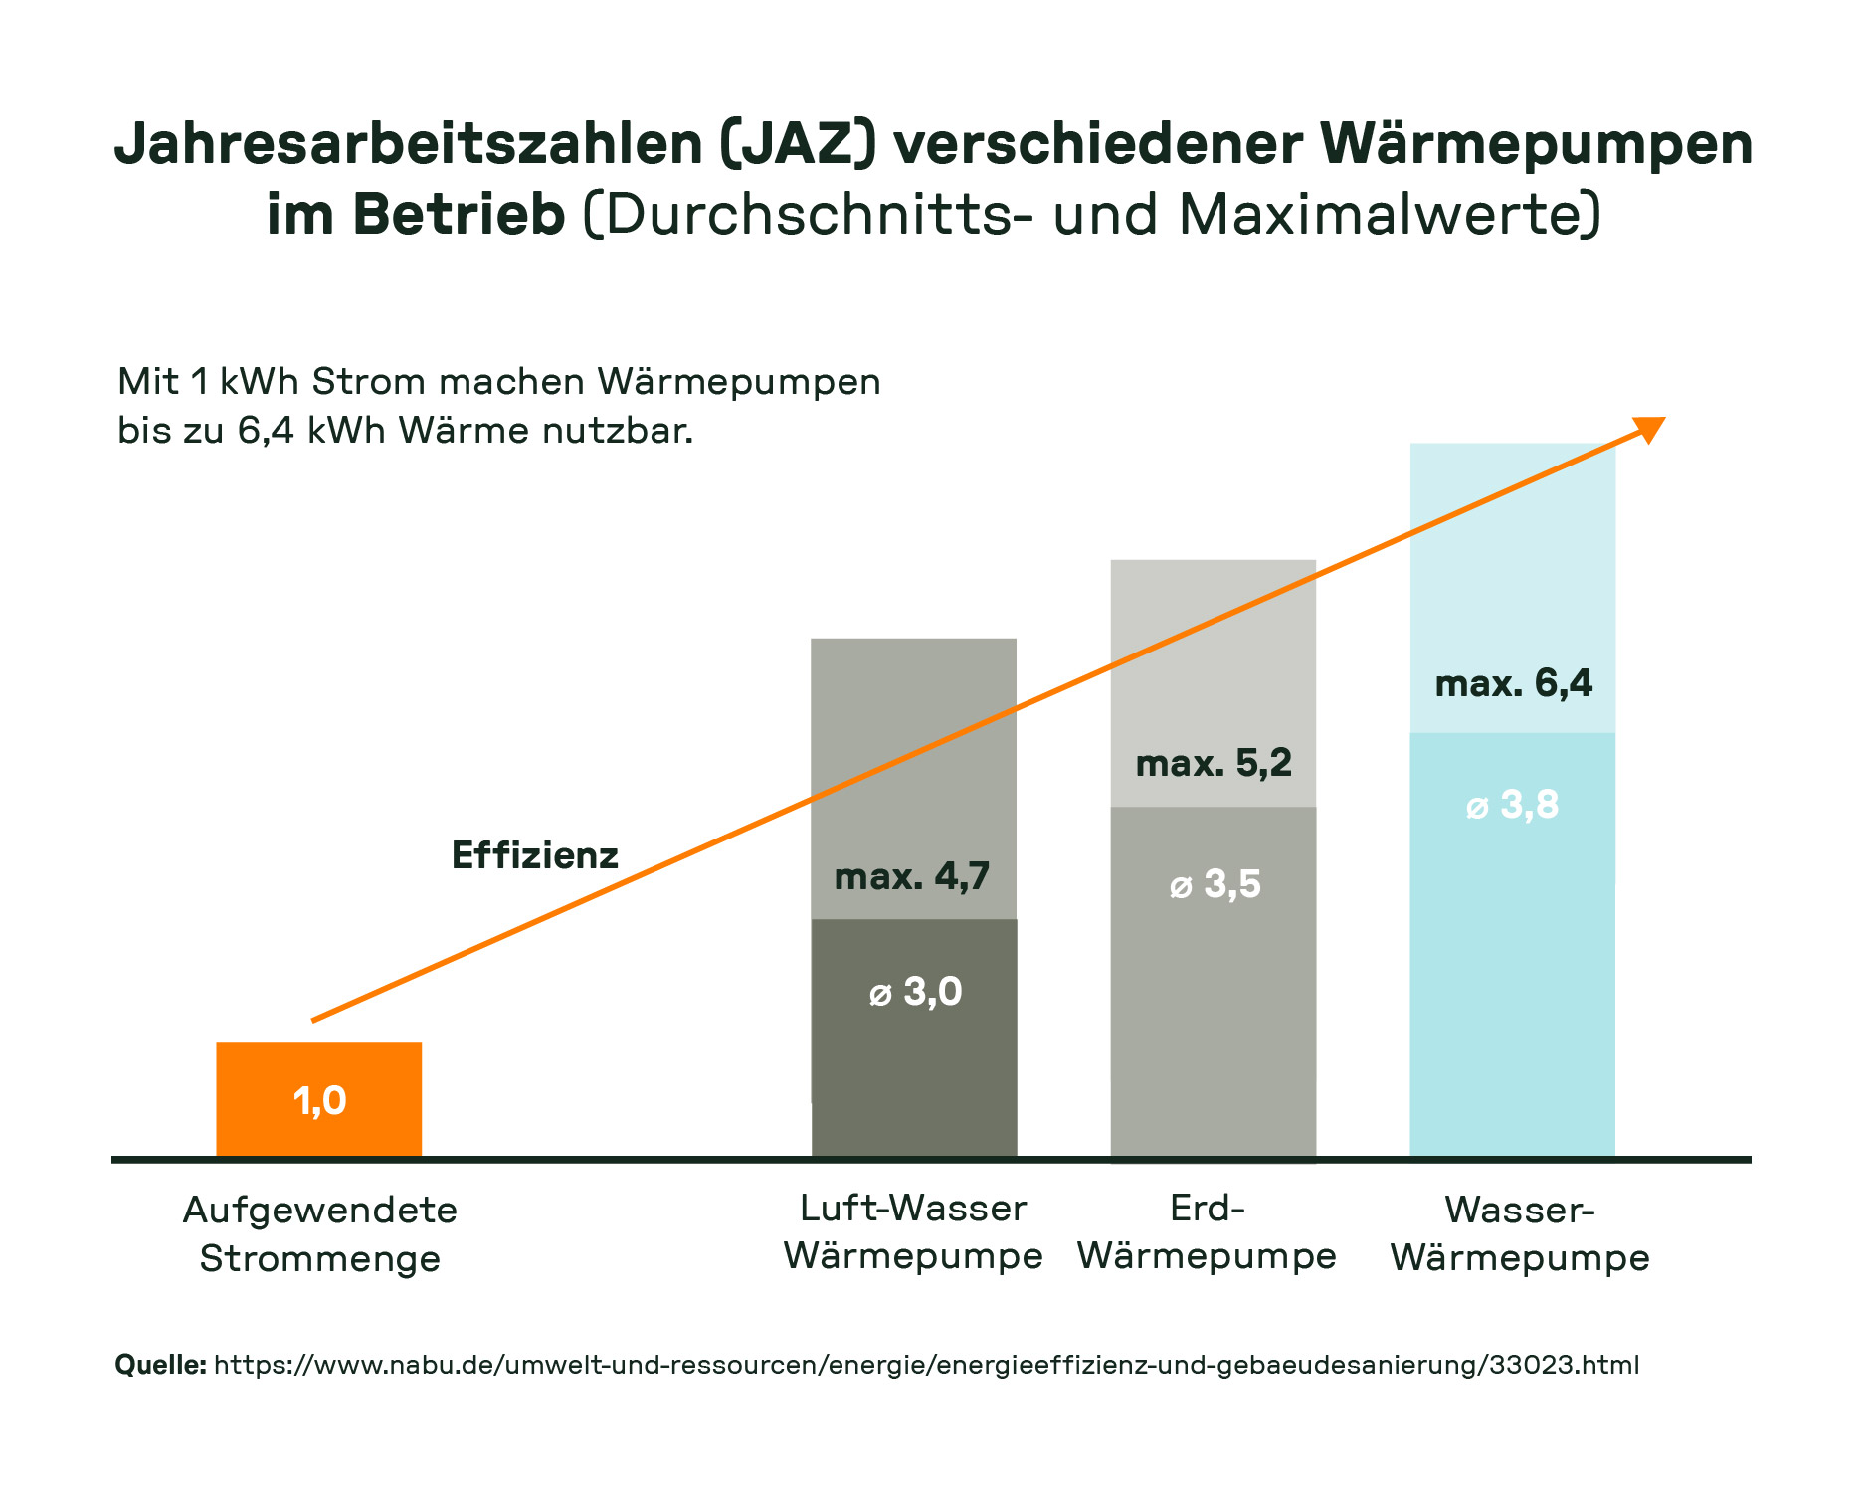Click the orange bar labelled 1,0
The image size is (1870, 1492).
coord(318,1099)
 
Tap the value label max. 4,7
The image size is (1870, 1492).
coord(911,876)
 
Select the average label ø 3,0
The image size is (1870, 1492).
coord(915,992)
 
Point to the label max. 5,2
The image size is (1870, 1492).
coord(1213,763)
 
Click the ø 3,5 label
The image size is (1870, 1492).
coord(1215,884)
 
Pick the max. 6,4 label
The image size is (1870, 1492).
coord(1513,683)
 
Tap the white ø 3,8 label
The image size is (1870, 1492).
coord(1513,805)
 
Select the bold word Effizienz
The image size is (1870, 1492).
coord(534,855)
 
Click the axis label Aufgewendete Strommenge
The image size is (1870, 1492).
coord(319,1233)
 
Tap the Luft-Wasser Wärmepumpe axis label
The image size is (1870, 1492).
coord(913,1231)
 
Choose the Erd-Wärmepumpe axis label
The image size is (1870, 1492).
coord(1207,1231)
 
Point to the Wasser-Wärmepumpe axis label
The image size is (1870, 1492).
coord(1519,1233)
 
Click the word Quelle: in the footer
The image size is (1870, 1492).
coord(160,1364)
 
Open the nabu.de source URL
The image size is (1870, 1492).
coord(925,1364)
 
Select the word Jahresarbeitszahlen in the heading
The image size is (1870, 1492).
coord(409,144)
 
